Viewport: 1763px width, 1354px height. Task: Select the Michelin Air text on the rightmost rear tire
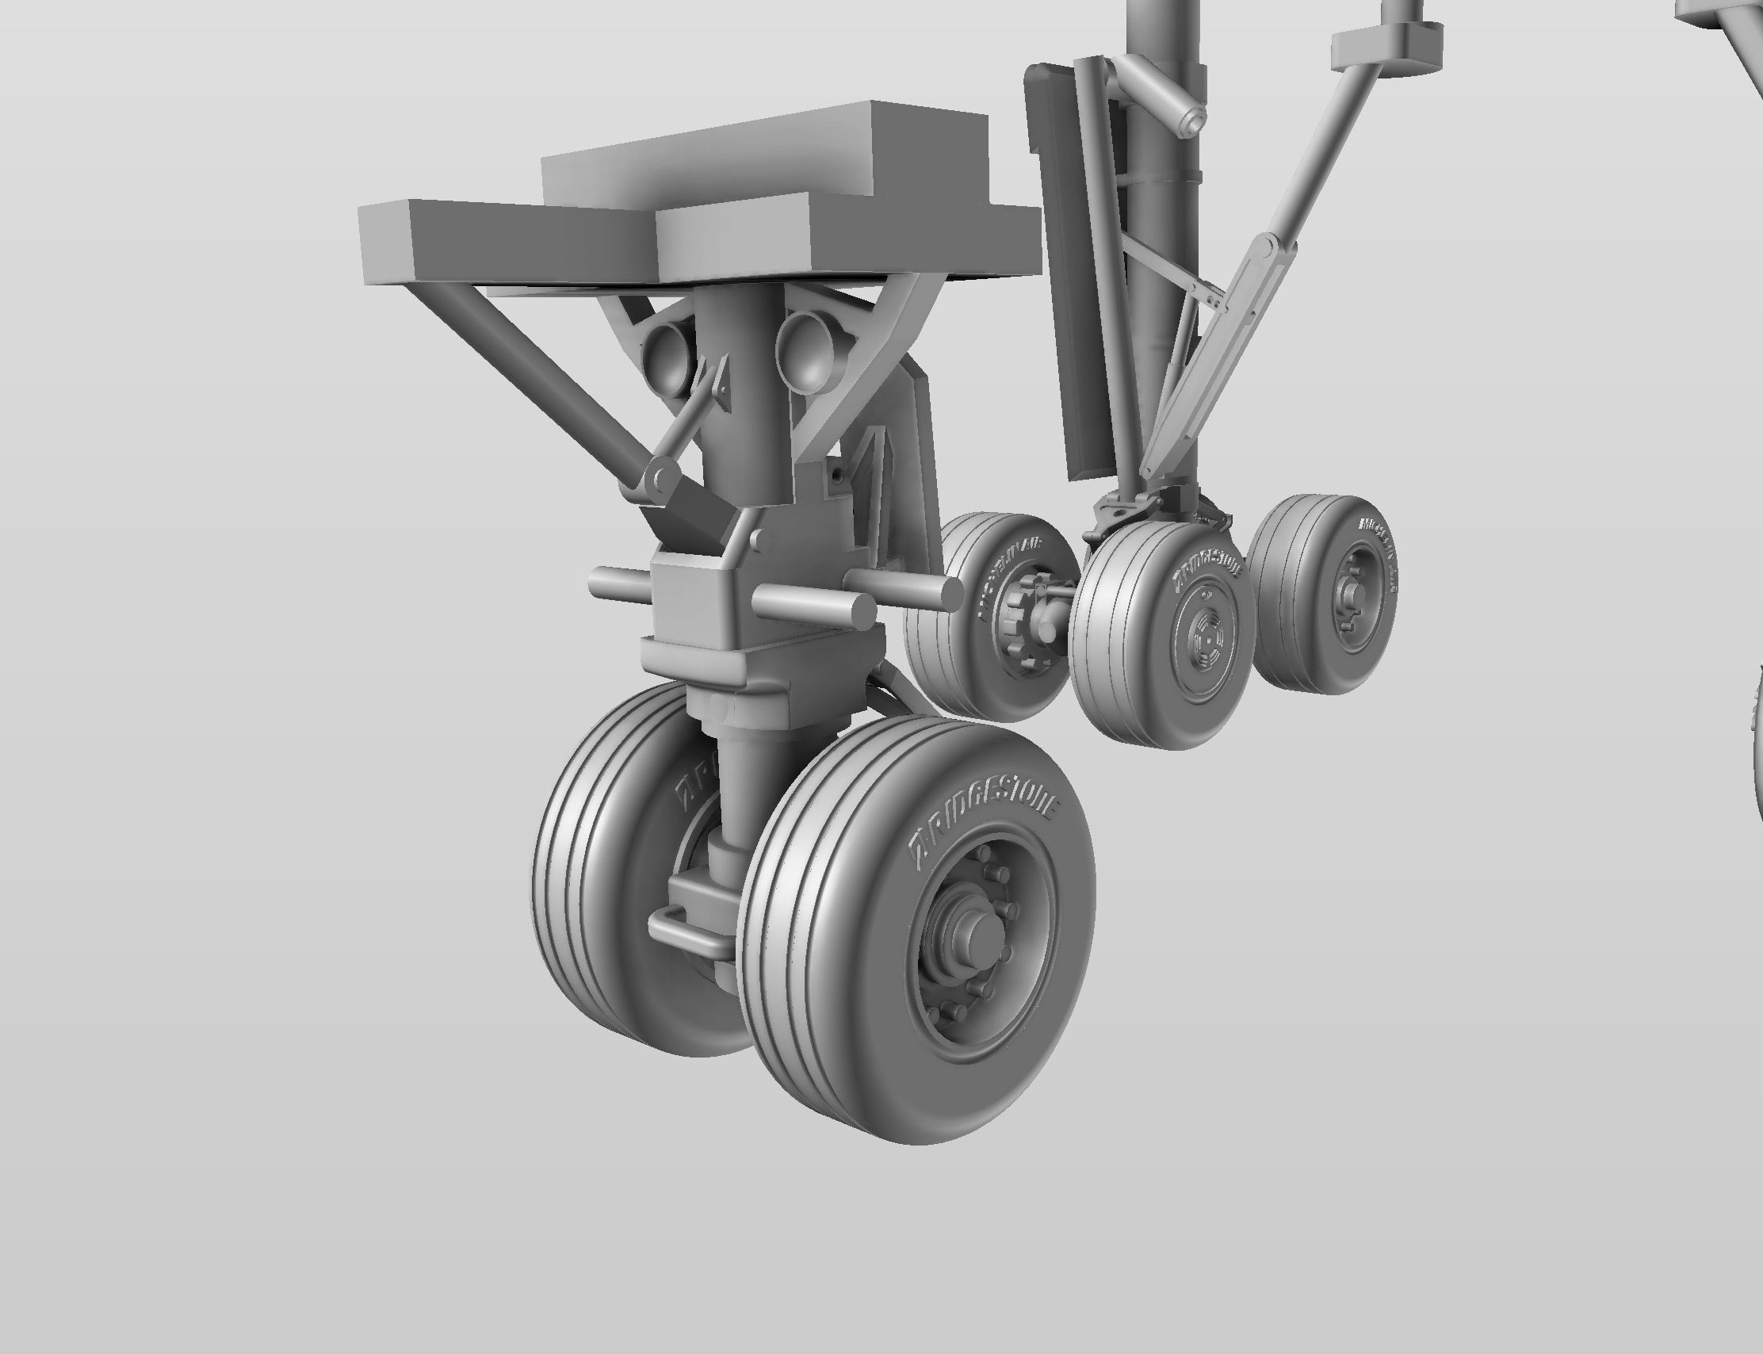click(x=1379, y=557)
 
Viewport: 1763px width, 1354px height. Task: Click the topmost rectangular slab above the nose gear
click(x=766, y=153)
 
